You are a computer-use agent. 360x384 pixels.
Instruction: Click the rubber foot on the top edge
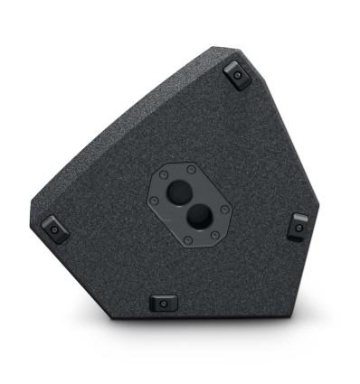237,74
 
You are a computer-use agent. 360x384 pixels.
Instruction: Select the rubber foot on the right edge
298,226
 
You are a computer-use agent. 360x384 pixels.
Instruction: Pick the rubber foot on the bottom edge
164,302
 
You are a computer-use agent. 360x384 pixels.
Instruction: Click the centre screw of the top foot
239,76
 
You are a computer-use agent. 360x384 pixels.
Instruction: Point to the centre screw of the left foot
53,229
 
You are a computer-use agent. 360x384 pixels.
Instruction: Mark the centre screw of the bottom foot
164,304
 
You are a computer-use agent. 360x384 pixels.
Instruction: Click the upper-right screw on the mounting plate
193,168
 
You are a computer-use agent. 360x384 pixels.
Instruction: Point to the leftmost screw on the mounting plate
154,200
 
